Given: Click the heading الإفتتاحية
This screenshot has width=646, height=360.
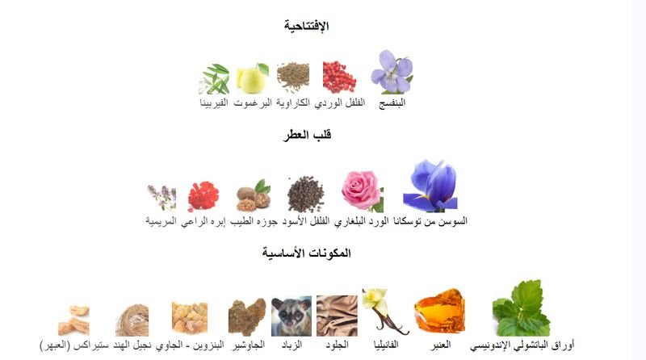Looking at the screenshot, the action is pos(306,26).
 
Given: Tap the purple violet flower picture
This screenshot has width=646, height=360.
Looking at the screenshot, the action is pos(392,72).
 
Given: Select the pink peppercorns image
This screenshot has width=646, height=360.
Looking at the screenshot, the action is pos(339,77).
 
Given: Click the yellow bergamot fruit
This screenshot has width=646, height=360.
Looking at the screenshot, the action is pos(252,78).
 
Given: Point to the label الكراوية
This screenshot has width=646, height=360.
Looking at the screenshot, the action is pos(293,103).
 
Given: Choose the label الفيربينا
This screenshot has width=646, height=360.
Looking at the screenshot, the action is pos(214,103).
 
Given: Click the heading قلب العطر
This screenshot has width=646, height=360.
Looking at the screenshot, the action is pos(307,135).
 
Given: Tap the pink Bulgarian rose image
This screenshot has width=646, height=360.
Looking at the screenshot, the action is pos(362,190).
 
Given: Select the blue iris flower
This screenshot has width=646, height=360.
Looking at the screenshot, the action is pos(430,186).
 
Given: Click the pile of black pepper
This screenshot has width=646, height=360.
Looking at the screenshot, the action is pos(306,195).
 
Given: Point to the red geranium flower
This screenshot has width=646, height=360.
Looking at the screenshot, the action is pos(203,196).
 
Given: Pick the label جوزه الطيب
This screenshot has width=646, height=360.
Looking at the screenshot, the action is pos(254,221).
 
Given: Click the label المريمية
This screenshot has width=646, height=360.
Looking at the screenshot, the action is pos(161,221).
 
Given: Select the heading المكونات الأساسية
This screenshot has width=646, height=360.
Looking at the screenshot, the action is pos(307,253).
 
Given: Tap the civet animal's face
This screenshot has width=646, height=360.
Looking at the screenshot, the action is pos(292,316).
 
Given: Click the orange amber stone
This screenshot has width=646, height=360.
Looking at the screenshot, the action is pos(440,312).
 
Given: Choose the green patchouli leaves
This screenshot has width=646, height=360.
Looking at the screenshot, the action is pos(522,308).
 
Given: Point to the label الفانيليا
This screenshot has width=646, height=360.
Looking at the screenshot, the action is pos(386,345).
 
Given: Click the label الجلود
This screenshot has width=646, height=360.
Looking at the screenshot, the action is pos(337,345).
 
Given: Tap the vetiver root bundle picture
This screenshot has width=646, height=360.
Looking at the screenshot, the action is pos(132,320).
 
